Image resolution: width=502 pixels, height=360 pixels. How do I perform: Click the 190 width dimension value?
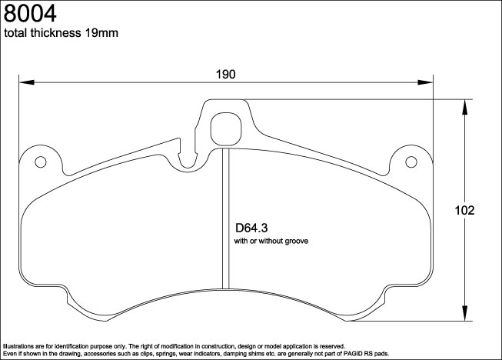(224, 74)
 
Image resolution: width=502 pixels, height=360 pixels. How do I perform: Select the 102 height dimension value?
(464, 210)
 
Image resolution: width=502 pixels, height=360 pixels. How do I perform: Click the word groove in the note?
(295, 242)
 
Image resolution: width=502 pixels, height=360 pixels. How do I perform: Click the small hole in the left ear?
(42, 162)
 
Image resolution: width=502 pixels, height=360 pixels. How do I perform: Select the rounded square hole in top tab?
(226, 128)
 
